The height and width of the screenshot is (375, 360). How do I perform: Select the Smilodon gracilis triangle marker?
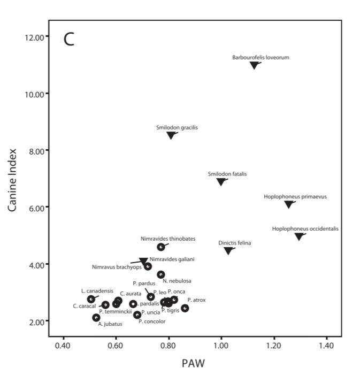click(x=171, y=135)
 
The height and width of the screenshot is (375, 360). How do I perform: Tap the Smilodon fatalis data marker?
click(x=221, y=182)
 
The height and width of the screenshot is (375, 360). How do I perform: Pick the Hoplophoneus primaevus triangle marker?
click(x=289, y=204)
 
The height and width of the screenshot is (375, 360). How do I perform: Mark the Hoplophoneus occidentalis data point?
click(x=298, y=236)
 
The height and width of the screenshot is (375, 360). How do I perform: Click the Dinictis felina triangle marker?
click(x=228, y=251)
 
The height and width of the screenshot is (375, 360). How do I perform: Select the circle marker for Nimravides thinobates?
click(x=161, y=247)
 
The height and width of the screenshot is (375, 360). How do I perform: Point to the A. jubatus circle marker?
click(x=96, y=318)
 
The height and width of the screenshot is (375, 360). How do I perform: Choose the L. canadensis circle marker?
click(x=91, y=299)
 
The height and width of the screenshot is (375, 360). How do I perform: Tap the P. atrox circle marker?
click(x=185, y=308)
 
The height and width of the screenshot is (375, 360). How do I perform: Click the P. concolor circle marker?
click(x=137, y=315)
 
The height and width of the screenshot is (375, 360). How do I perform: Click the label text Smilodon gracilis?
click(x=177, y=128)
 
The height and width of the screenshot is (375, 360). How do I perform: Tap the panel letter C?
click(x=69, y=39)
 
